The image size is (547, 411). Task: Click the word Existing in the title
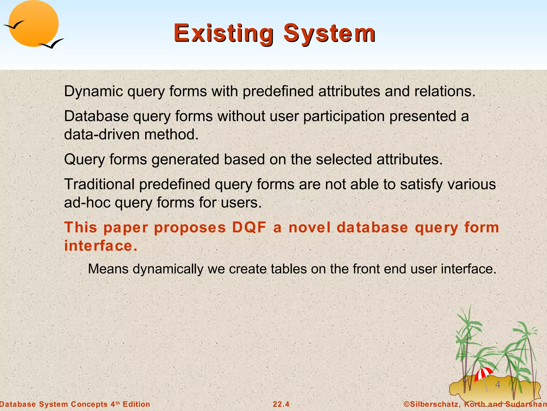(x=223, y=33)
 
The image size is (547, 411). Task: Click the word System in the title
(x=329, y=33)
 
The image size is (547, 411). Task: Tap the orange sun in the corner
(x=33, y=24)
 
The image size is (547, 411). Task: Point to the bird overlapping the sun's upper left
(x=14, y=25)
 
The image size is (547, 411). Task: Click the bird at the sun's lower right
(x=52, y=44)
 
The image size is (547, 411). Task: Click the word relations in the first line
(x=444, y=91)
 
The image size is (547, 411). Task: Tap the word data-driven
(x=101, y=134)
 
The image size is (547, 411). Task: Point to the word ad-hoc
(x=87, y=203)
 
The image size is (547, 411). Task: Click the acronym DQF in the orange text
(x=249, y=228)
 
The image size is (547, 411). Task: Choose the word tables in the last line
(x=288, y=269)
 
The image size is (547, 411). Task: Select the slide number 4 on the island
(x=498, y=385)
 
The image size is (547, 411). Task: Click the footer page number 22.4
(x=281, y=404)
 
